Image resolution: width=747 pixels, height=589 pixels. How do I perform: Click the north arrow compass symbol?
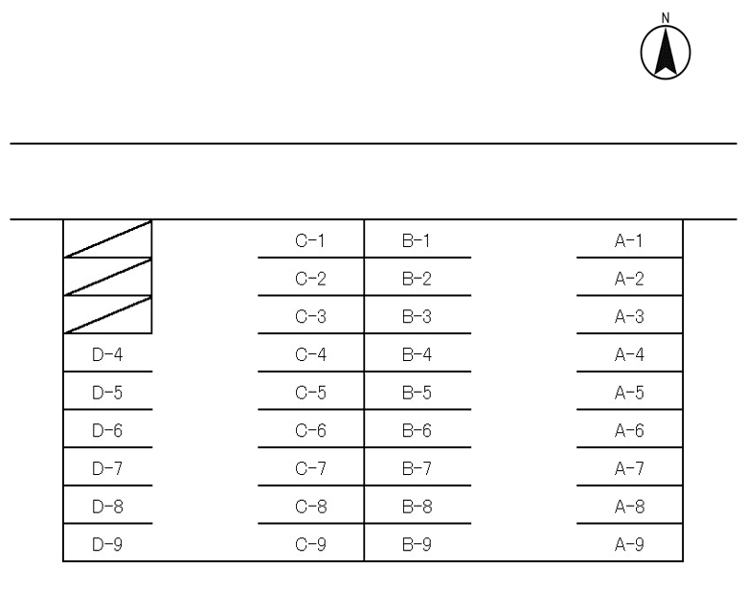pos(666,53)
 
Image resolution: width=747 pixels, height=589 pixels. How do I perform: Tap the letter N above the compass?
pos(666,18)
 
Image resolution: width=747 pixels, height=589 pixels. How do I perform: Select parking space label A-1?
pos(629,240)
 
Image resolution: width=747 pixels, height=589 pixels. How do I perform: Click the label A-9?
pos(629,544)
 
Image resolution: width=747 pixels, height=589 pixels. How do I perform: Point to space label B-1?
pos(417,240)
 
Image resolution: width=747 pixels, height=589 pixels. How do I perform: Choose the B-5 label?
pos(417,393)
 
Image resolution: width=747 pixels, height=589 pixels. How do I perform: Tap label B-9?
pos(417,544)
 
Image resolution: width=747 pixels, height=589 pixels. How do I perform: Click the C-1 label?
pos(310,240)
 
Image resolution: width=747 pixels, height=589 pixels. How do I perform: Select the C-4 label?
pos(310,354)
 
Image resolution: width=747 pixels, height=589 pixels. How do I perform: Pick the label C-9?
pos(310,544)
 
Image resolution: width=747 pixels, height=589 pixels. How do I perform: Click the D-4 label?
pos(107,354)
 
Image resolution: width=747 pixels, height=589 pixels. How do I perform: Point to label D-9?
pos(107,544)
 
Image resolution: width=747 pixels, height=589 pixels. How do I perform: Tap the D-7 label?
pos(107,468)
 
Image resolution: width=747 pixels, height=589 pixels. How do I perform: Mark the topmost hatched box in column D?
pos(107,238)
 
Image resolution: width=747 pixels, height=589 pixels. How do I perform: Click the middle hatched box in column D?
pos(107,277)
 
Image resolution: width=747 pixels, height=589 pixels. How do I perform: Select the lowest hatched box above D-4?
pos(107,314)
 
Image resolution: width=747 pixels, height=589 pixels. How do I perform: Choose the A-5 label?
pos(629,393)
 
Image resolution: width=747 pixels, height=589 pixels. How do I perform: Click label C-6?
pos(310,430)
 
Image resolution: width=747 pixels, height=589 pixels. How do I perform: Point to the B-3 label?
pos(417,316)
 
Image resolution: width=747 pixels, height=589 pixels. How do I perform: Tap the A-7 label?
pos(629,468)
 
